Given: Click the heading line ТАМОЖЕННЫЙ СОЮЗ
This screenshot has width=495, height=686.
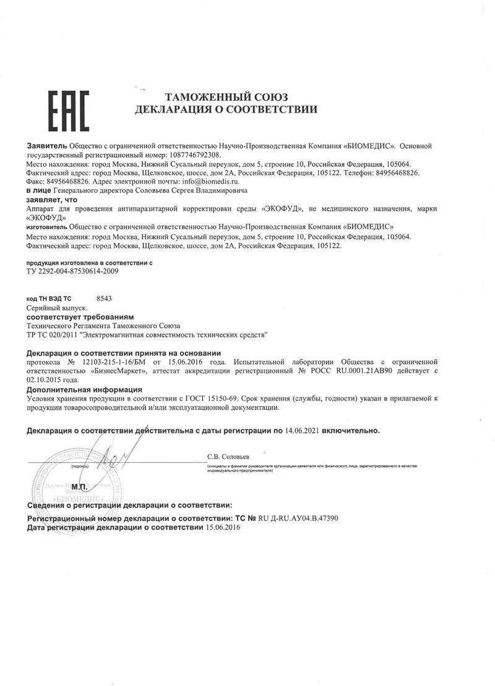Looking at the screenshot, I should (x=226, y=96).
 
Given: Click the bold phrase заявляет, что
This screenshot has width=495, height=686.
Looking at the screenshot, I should (x=51, y=200).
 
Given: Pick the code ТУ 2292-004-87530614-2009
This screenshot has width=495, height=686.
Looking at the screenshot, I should (x=73, y=271).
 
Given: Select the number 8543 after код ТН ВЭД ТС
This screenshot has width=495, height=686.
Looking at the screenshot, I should (x=105, y=298).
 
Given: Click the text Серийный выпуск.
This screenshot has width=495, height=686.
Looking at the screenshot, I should (x=57, y=307).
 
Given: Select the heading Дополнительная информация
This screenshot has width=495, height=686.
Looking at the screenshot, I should (x=84, y=390).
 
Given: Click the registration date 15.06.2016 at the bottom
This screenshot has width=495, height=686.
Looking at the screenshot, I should (x=223, y=528).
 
